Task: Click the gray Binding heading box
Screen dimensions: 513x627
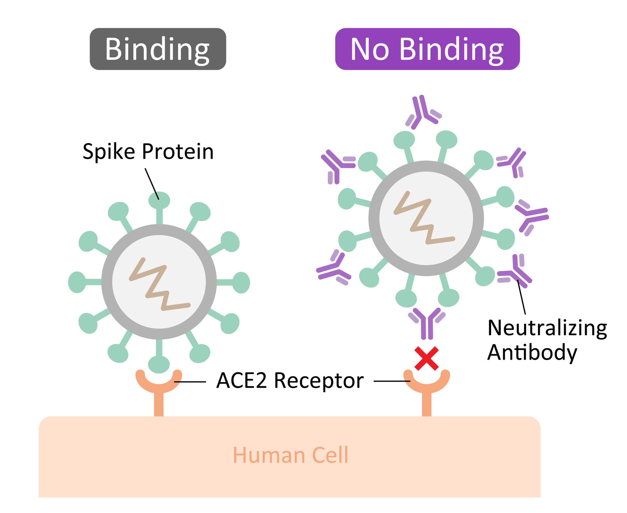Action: (x=158, y=49)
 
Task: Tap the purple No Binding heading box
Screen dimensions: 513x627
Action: (x=427, y=49)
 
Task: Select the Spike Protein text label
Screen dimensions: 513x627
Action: (x=148, y=151)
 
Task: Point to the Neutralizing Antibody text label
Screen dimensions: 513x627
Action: (x=547, y=340)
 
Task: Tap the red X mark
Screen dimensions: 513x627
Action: (x=426, y=358)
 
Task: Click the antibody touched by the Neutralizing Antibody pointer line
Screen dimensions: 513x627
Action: (x=515, y=272)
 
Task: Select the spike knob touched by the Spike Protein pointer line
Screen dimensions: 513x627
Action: (x=159, y=200)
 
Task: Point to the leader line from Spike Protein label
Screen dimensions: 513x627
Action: (x=152, y=184)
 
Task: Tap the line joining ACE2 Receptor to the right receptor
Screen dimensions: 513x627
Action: (x=392, y=381)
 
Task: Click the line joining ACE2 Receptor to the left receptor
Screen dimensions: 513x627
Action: (x=190, y=382)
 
